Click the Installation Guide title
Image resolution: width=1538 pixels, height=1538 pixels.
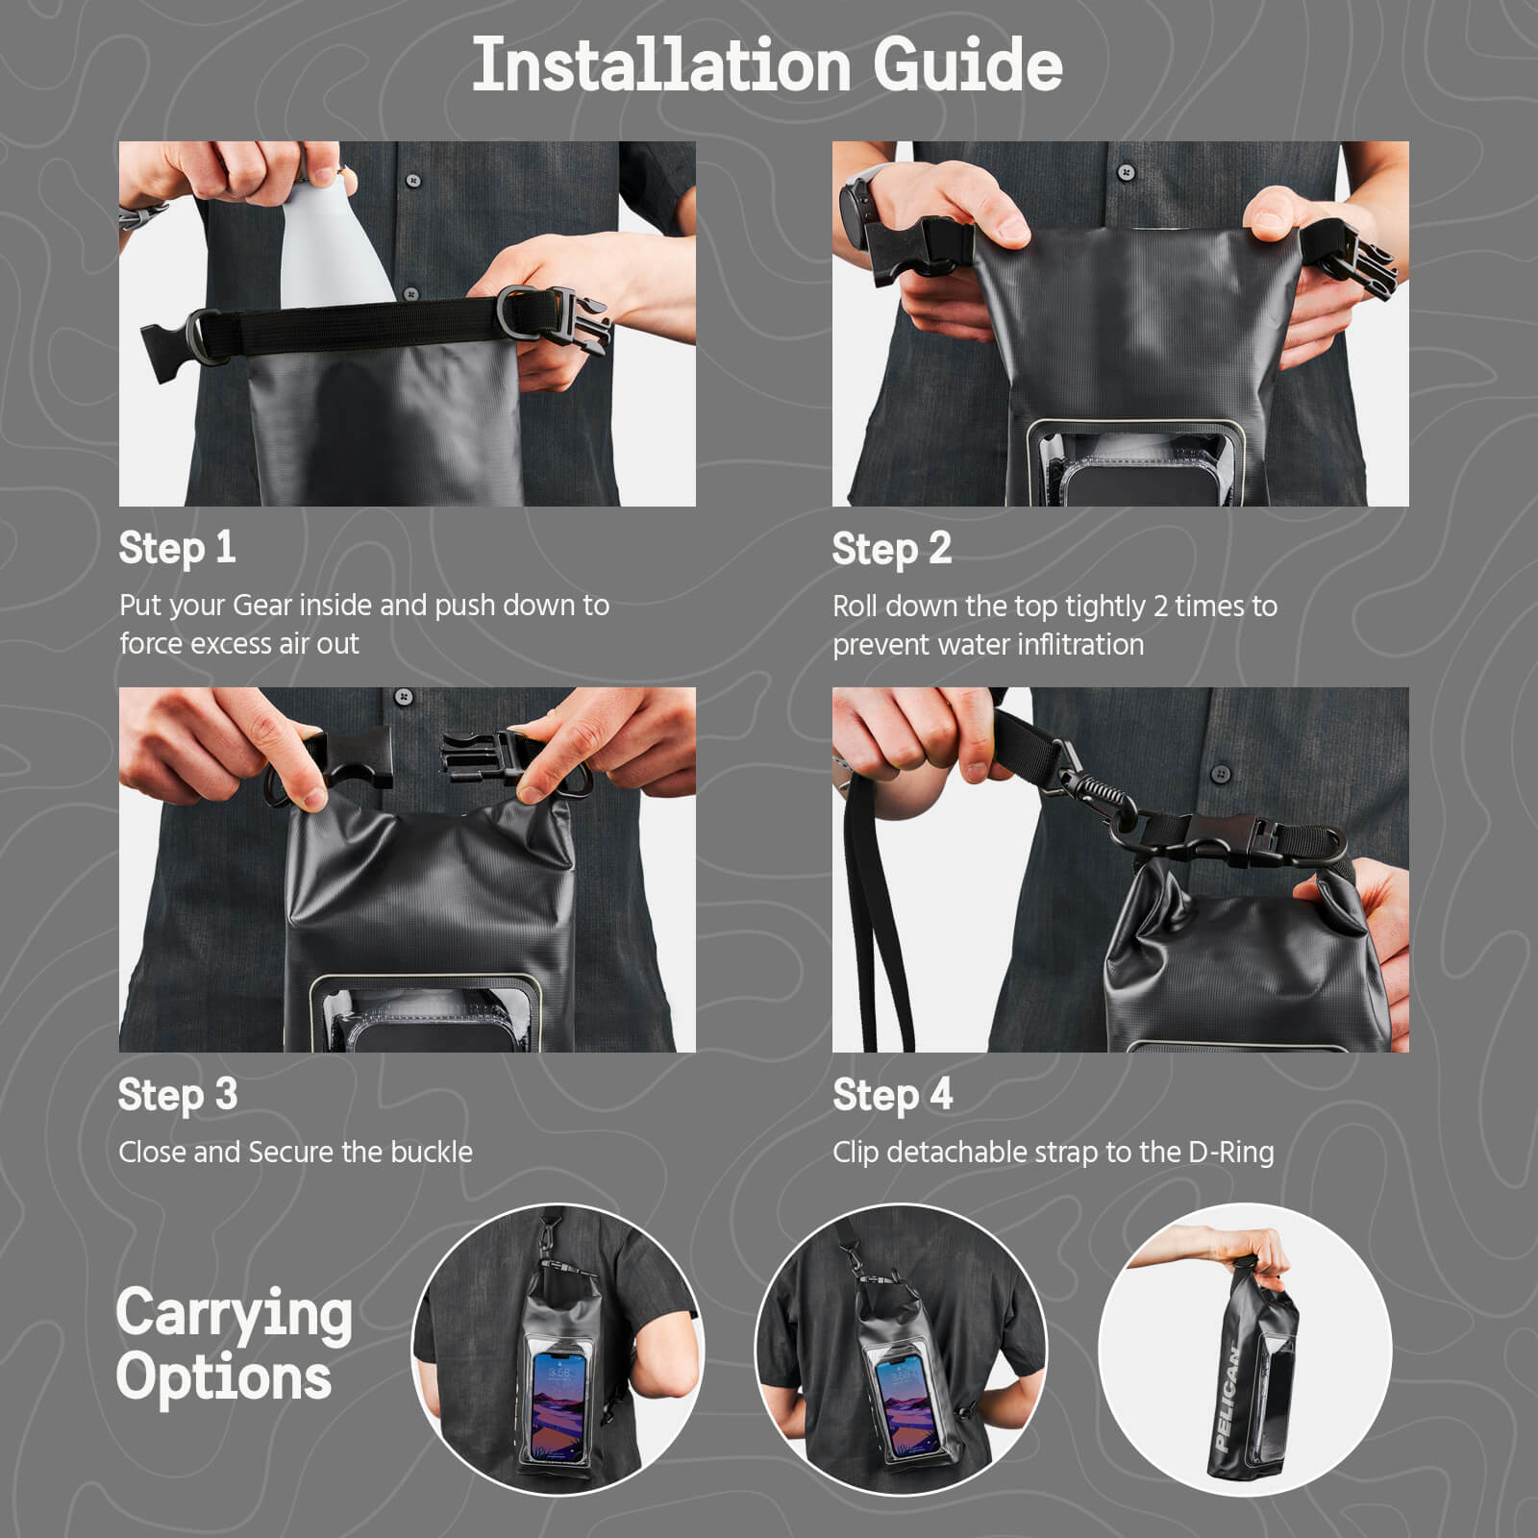[767, 65]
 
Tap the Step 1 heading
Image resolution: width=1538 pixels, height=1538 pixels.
[177, 548]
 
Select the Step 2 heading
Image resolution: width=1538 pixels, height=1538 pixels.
[891, 549]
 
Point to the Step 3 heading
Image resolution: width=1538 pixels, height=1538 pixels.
[178, 1095]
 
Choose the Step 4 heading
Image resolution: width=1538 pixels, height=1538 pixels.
[892, 1095]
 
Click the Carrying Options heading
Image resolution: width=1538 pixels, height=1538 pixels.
[234, 1345]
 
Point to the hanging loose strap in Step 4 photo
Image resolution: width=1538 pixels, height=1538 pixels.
[870, 923]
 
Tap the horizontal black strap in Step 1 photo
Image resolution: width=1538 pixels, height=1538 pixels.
[365, 324]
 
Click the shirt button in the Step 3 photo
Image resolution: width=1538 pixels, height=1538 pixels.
[405, 696]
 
